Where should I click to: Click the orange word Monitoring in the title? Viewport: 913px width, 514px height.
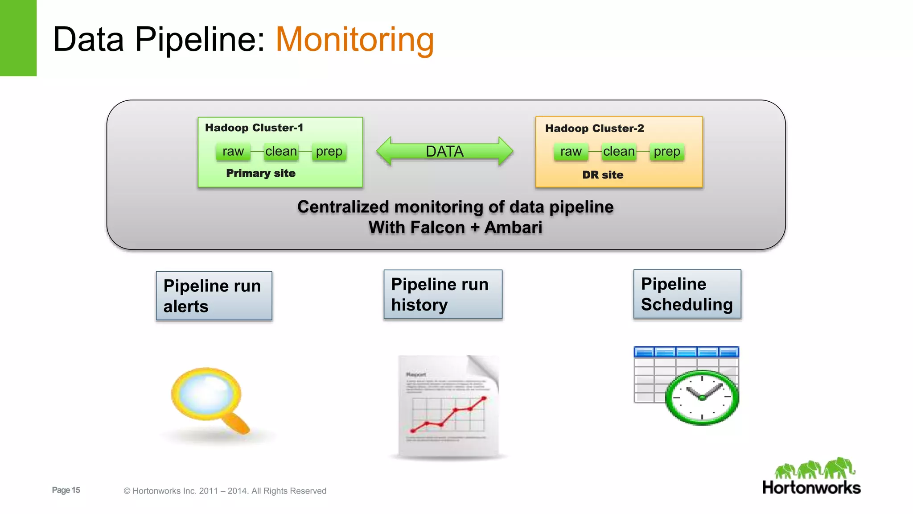[355, 40]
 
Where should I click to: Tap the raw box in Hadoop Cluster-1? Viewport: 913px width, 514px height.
[233, 152]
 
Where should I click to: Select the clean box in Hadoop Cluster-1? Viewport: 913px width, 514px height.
[281, 152]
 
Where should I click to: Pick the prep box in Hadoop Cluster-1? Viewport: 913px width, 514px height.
[329, 152]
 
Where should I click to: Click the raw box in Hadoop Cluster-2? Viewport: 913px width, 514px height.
[571, 152]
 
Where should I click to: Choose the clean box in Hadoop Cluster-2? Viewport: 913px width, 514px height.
[619, 152]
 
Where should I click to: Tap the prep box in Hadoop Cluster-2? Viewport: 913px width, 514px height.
[667, 152]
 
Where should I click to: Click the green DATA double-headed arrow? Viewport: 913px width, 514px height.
[444, 152]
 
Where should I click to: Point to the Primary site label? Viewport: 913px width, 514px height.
[261, 173]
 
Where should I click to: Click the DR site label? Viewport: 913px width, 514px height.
[603, 175]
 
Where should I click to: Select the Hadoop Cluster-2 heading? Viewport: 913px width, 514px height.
[594, 128]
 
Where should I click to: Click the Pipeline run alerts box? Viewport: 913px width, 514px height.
[214, 296]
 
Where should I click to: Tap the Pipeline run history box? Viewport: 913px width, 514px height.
[443, 294]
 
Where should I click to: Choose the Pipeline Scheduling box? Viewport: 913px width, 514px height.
[687, 294]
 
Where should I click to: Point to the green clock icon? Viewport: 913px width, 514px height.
[702, 397]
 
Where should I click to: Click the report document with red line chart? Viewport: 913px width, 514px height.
[448, 406]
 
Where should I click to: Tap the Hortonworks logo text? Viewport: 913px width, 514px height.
[811, 487]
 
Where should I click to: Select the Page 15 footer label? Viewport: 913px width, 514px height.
[66, 490]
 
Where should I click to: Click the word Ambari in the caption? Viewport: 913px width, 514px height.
[513, 228]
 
